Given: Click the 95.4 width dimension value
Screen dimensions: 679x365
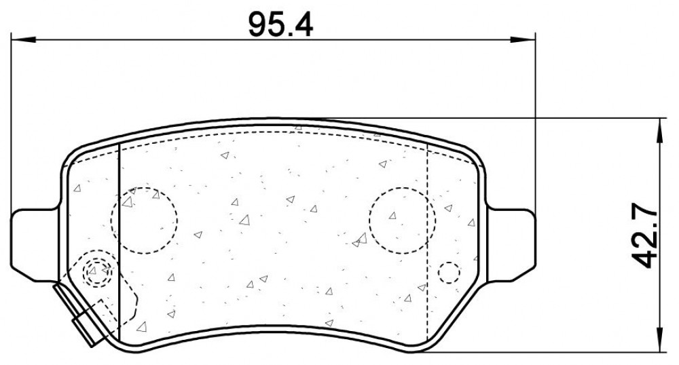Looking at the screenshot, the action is click(x=280, y=24).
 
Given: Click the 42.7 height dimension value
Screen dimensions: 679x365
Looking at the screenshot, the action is click(x=644, y=236).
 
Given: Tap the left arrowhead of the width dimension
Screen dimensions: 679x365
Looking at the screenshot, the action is click(x=22, y=40).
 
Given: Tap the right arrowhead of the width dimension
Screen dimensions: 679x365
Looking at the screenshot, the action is click(x=523, y=40).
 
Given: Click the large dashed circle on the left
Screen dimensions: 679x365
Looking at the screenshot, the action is click(x=144, y=220).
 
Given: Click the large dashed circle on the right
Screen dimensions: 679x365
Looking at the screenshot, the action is click(x=402, y=220).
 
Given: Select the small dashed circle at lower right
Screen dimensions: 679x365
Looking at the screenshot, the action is click(x=449, y=273).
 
